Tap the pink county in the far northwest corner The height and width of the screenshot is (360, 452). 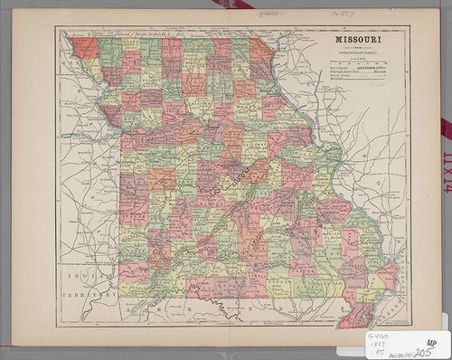point(86,47)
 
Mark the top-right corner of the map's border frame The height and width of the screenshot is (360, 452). point(409,26)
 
